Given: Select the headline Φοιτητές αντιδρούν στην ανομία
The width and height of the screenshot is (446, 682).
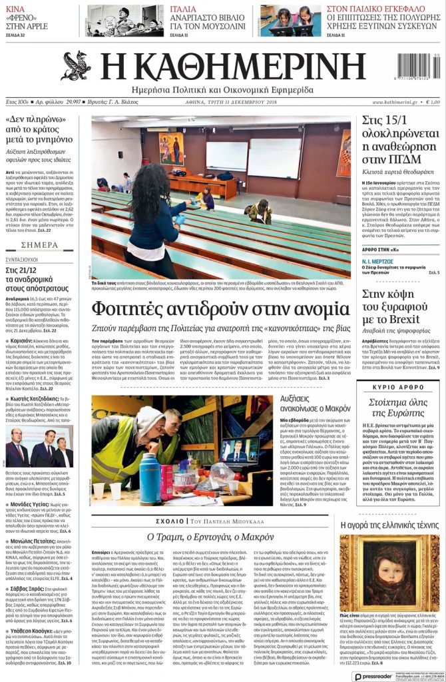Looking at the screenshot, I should (x=220, y=309).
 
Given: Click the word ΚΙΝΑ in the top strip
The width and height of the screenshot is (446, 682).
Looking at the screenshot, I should (x=16, y=9).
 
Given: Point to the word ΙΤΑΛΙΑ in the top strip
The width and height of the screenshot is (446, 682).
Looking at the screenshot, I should (x=182, y=9).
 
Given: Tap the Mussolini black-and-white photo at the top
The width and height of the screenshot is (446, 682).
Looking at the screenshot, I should (x=124, y=21).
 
